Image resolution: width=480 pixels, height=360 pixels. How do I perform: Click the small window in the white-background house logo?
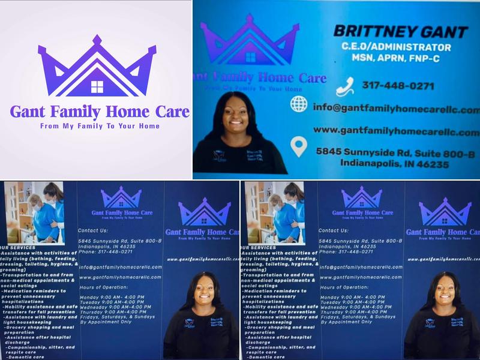click(x=97, y=87)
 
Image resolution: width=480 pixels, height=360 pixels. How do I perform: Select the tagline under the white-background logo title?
click(x=100, y=127)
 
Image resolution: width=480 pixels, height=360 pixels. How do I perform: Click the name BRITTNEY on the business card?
click(x=366, y=31)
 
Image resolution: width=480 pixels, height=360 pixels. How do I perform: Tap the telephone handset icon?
click(x=344, y=87)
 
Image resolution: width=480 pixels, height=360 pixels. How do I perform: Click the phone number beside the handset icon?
click(x=397, y=86)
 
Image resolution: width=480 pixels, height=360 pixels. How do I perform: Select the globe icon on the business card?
click(x=299, y=104)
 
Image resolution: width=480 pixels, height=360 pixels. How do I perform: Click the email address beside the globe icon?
click(x=396, y=110)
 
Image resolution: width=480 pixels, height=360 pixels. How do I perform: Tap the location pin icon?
click(x=299, y=146)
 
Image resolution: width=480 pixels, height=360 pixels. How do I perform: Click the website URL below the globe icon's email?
click(x=396, y=131)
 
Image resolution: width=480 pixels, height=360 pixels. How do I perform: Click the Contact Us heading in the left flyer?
click(x=94, y=230)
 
